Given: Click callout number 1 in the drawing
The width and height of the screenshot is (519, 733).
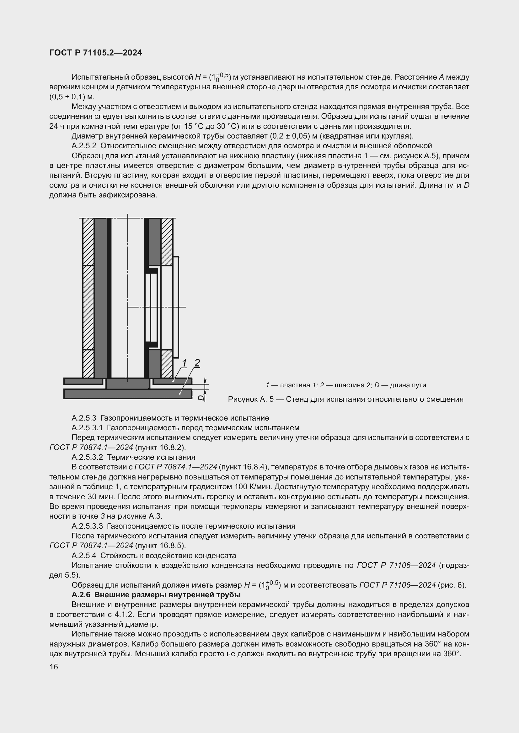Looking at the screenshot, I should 185,363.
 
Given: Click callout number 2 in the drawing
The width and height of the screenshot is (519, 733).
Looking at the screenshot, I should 197,363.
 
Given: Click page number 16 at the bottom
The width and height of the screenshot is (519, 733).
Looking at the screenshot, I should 54,667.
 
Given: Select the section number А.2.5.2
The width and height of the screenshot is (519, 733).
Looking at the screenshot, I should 84,146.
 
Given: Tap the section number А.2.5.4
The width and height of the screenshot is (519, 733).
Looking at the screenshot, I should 84,556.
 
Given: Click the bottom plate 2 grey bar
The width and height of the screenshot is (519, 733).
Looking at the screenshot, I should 127,394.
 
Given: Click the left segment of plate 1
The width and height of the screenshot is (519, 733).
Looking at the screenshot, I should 83,381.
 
